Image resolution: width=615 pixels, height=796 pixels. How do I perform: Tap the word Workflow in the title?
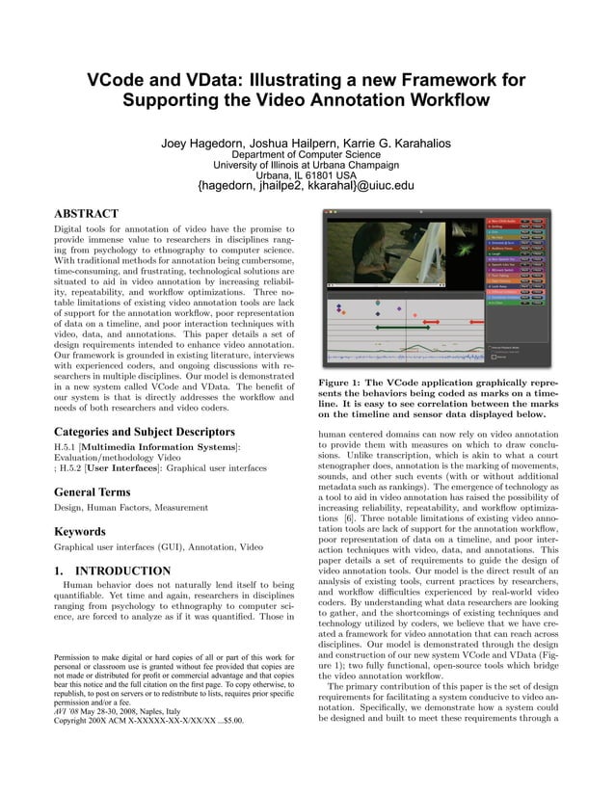443,99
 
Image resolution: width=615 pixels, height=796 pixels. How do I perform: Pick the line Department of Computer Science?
307,154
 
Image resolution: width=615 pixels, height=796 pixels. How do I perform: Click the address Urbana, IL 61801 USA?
307,174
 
